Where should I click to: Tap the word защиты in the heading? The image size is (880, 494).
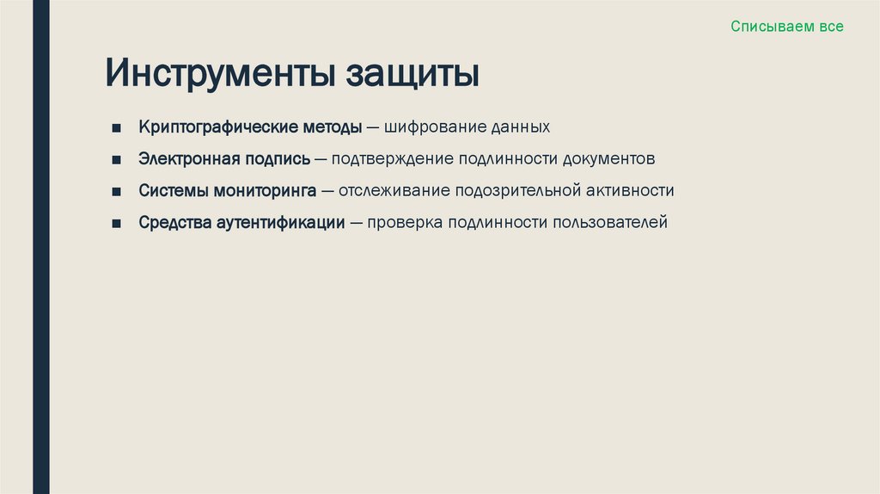(412, 75)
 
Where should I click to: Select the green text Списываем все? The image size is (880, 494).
(787, 27)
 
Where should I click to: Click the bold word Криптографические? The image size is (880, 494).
(218, 127)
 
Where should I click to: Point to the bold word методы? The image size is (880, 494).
(332, 127)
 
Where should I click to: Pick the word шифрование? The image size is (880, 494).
(433, 127)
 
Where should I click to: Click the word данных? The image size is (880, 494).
(520, 127)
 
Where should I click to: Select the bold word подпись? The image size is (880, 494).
(282, 160)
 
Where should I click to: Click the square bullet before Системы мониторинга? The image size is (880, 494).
(115, 192)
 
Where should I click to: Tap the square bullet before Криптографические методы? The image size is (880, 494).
(115, 128)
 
